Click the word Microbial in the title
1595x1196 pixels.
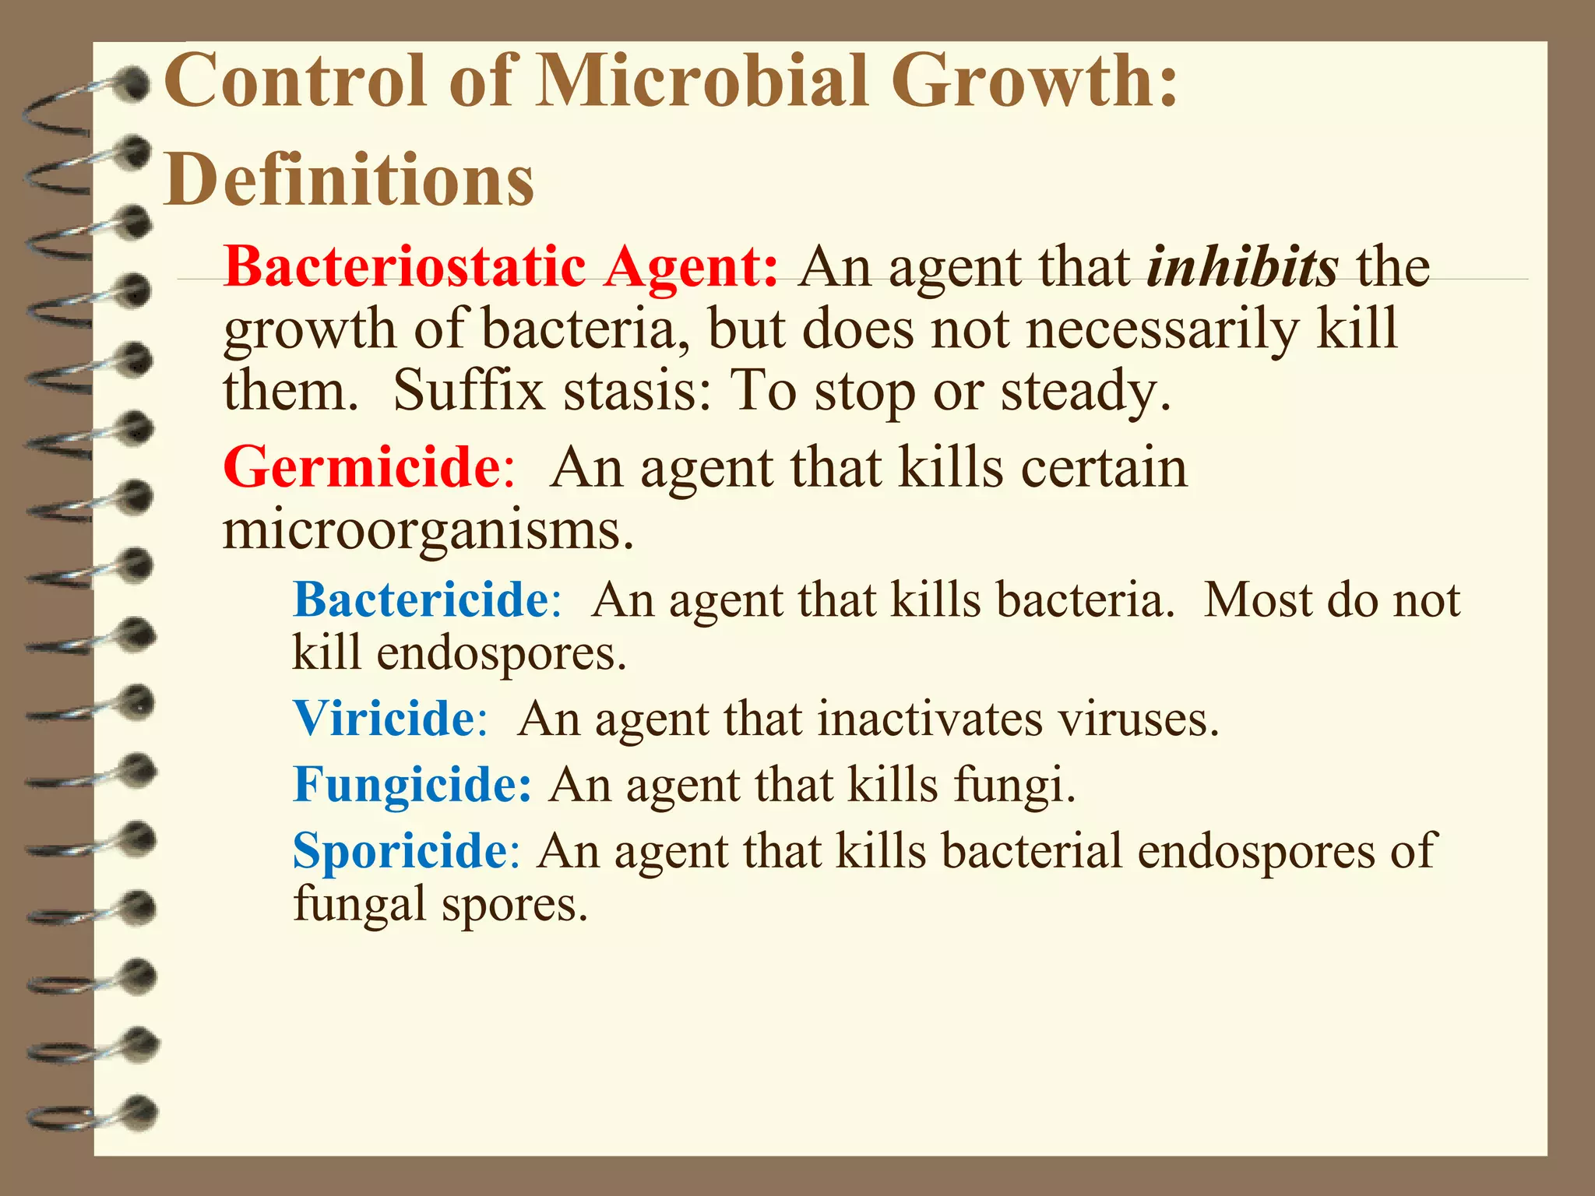pyautogui.click(x=701, y=80)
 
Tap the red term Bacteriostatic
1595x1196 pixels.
pyautogui.click(x=404, y=267)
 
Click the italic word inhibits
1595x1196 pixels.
pyautogui.click(x=1241, y=267)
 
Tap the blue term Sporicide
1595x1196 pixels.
pyautogui.click(x=400, y=850)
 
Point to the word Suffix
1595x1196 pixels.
pyautogui.click(x=469, y=390)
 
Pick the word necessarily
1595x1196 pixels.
pyautogui.click(x=1162, y=329)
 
